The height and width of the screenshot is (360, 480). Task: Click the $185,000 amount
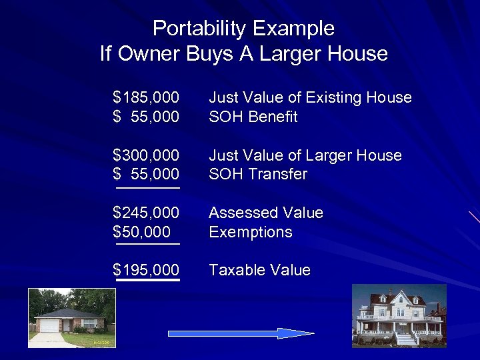coord(146,98)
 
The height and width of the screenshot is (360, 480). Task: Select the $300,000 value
coord(146,156)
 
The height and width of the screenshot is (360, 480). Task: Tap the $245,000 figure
coord(146,213)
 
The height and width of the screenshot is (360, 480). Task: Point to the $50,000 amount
coord(141,233)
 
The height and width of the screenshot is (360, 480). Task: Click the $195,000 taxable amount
coord(146,271)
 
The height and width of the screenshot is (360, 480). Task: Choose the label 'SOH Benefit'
coord(253,117)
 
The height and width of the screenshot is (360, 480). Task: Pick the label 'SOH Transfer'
coord(258,175)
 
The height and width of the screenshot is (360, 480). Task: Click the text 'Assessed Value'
coord(266,213)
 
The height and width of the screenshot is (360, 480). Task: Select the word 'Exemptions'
coord(251,233)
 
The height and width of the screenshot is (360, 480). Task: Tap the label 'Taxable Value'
coord(260,271)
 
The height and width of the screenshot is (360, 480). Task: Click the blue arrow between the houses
coord(241,333)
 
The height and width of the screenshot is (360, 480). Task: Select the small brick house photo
coord(72,317)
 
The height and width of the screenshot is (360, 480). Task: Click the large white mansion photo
coord(399,315)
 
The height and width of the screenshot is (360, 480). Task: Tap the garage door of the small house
coord(50,326)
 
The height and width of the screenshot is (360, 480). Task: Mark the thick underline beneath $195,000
coord(148,281)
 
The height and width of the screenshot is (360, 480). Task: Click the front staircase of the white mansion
coord(405,339)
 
